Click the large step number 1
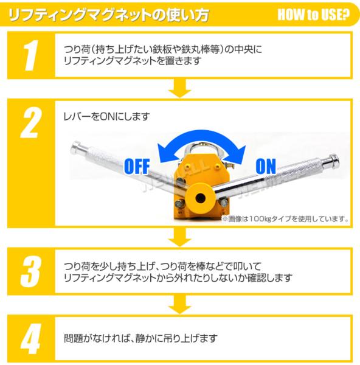[x=31, y=55]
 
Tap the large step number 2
[x=31, y=123]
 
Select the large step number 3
[x=31, y=271]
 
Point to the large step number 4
[x=31, y=339]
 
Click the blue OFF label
[x=137, y=166]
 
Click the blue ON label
[x=266, y=166]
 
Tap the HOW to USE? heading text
[x=313, y=15]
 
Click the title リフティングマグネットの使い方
[x=108, y=15]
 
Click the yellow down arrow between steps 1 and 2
[x=180, y=88]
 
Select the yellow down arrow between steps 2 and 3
[x=180, y=237]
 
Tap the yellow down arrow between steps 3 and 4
[x=180, y=304]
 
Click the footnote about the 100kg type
[x=286, y=219]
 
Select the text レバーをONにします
[x=106, y=116]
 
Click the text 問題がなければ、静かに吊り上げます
[x=141, y=338]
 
